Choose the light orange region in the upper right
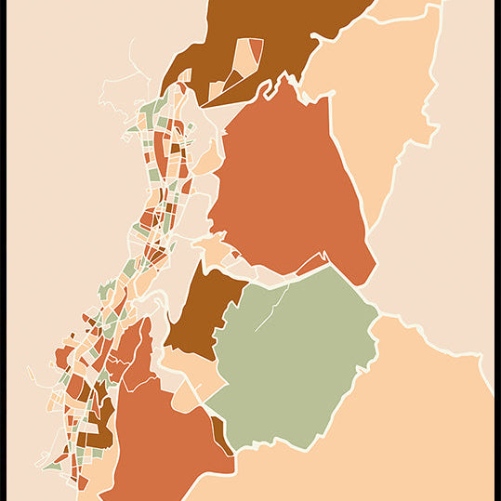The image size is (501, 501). point(381,93)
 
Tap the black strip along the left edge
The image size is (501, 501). point(3,251)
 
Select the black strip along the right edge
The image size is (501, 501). point(497,251)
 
